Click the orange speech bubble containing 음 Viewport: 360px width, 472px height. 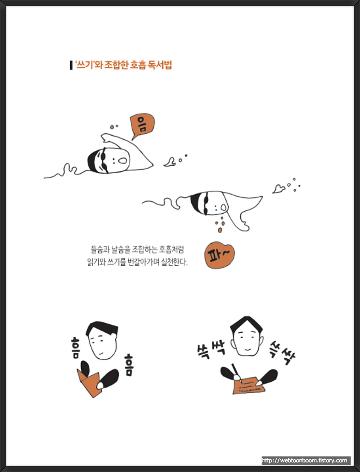point(142,124)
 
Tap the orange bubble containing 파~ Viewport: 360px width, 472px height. point(219,255)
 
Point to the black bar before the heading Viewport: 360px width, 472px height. point(71,65)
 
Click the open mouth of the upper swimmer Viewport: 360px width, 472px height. point(122,160)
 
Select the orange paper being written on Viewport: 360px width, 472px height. point(249,385)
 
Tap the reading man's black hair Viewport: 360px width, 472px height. point(102,329)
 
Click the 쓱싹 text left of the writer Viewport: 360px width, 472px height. point(211,349)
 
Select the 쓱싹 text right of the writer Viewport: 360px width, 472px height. point(282,354)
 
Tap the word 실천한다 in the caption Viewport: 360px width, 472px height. point(174,262)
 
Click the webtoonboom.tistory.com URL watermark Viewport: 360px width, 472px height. point(305,461)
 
